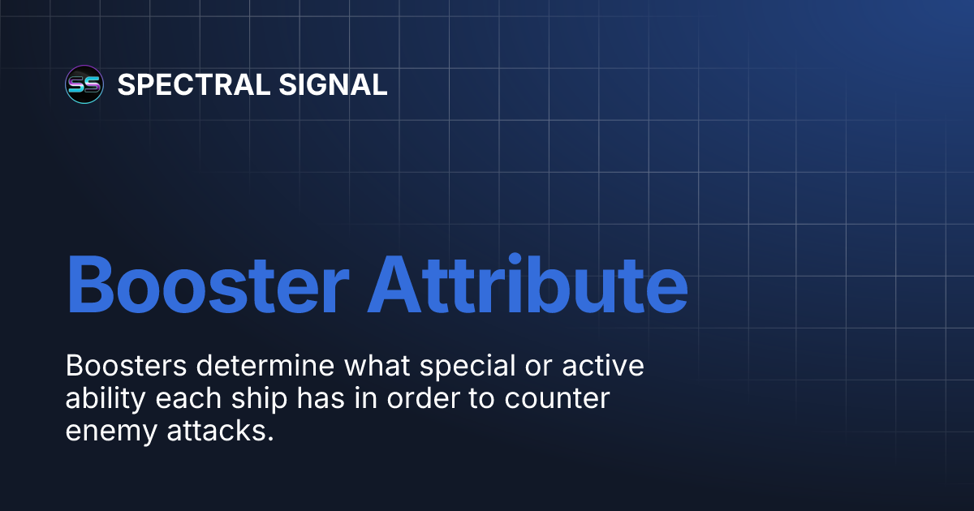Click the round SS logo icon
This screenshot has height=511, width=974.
click(x=84, y=84)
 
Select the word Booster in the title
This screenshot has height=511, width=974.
click(x=208, y=286)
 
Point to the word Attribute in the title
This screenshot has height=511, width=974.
click(x=528, y=286)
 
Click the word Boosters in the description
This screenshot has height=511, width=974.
click(x=129, y=366)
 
